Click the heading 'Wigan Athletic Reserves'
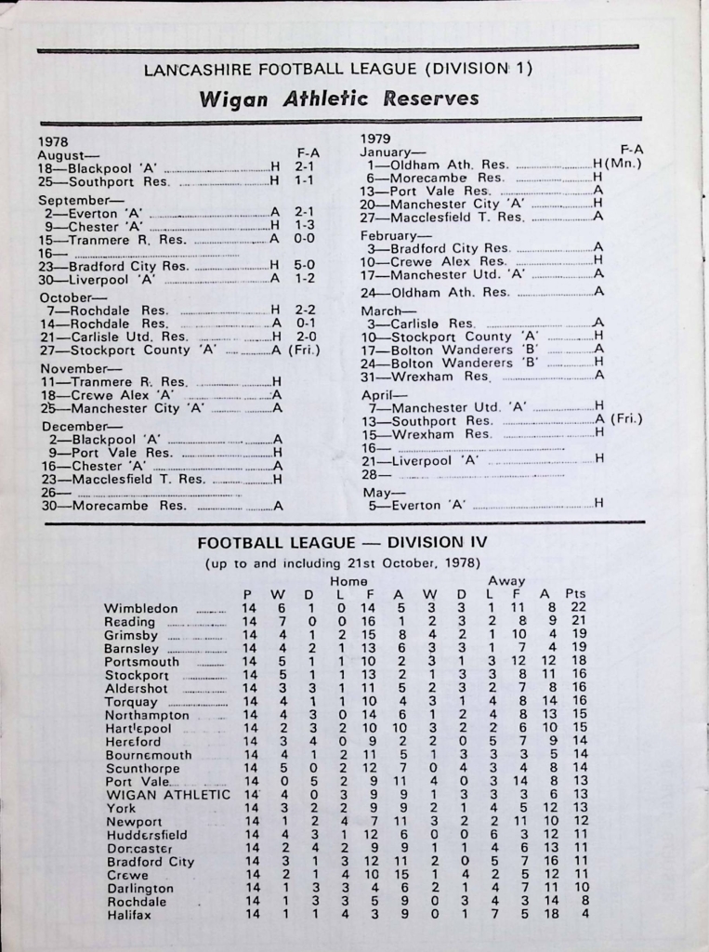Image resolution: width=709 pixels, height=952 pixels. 339,99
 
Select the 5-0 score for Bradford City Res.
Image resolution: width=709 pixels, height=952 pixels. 304,265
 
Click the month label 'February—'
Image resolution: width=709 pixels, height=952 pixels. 392,235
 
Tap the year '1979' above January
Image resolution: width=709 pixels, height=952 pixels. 376,138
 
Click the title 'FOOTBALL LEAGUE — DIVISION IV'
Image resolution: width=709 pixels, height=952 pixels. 343,542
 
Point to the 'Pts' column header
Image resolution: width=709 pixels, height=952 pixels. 576,594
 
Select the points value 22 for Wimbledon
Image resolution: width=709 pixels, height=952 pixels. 578,608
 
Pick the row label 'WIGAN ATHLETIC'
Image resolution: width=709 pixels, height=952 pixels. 166,795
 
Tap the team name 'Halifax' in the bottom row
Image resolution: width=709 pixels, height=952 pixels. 129,915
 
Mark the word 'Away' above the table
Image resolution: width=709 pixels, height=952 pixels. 506,580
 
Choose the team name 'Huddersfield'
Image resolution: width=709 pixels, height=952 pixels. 146,835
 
